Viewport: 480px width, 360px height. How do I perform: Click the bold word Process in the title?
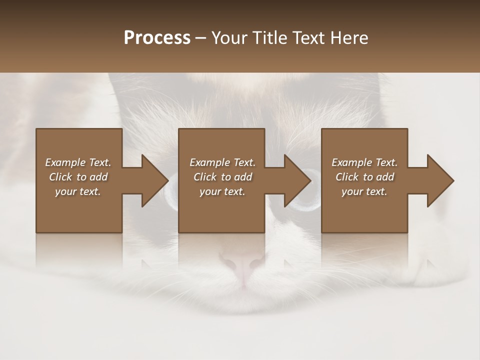[157, 38]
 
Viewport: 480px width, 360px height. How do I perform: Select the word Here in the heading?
[349, 38]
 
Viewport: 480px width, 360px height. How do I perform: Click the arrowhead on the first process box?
[153, 180]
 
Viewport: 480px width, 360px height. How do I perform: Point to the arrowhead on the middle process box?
[295, 180]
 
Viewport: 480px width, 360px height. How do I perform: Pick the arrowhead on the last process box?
[438, 180]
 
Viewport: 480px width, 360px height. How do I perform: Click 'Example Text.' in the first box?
[78, 162]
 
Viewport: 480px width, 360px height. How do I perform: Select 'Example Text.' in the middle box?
[222, 162]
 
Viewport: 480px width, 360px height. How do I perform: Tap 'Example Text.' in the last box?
[364, 162]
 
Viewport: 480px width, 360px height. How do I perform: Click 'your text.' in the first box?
[78, 191]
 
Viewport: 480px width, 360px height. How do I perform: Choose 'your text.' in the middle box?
[222, 191]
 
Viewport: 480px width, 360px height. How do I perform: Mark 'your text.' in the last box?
[364, 191]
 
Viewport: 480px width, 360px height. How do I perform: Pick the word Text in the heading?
[308, 38]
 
